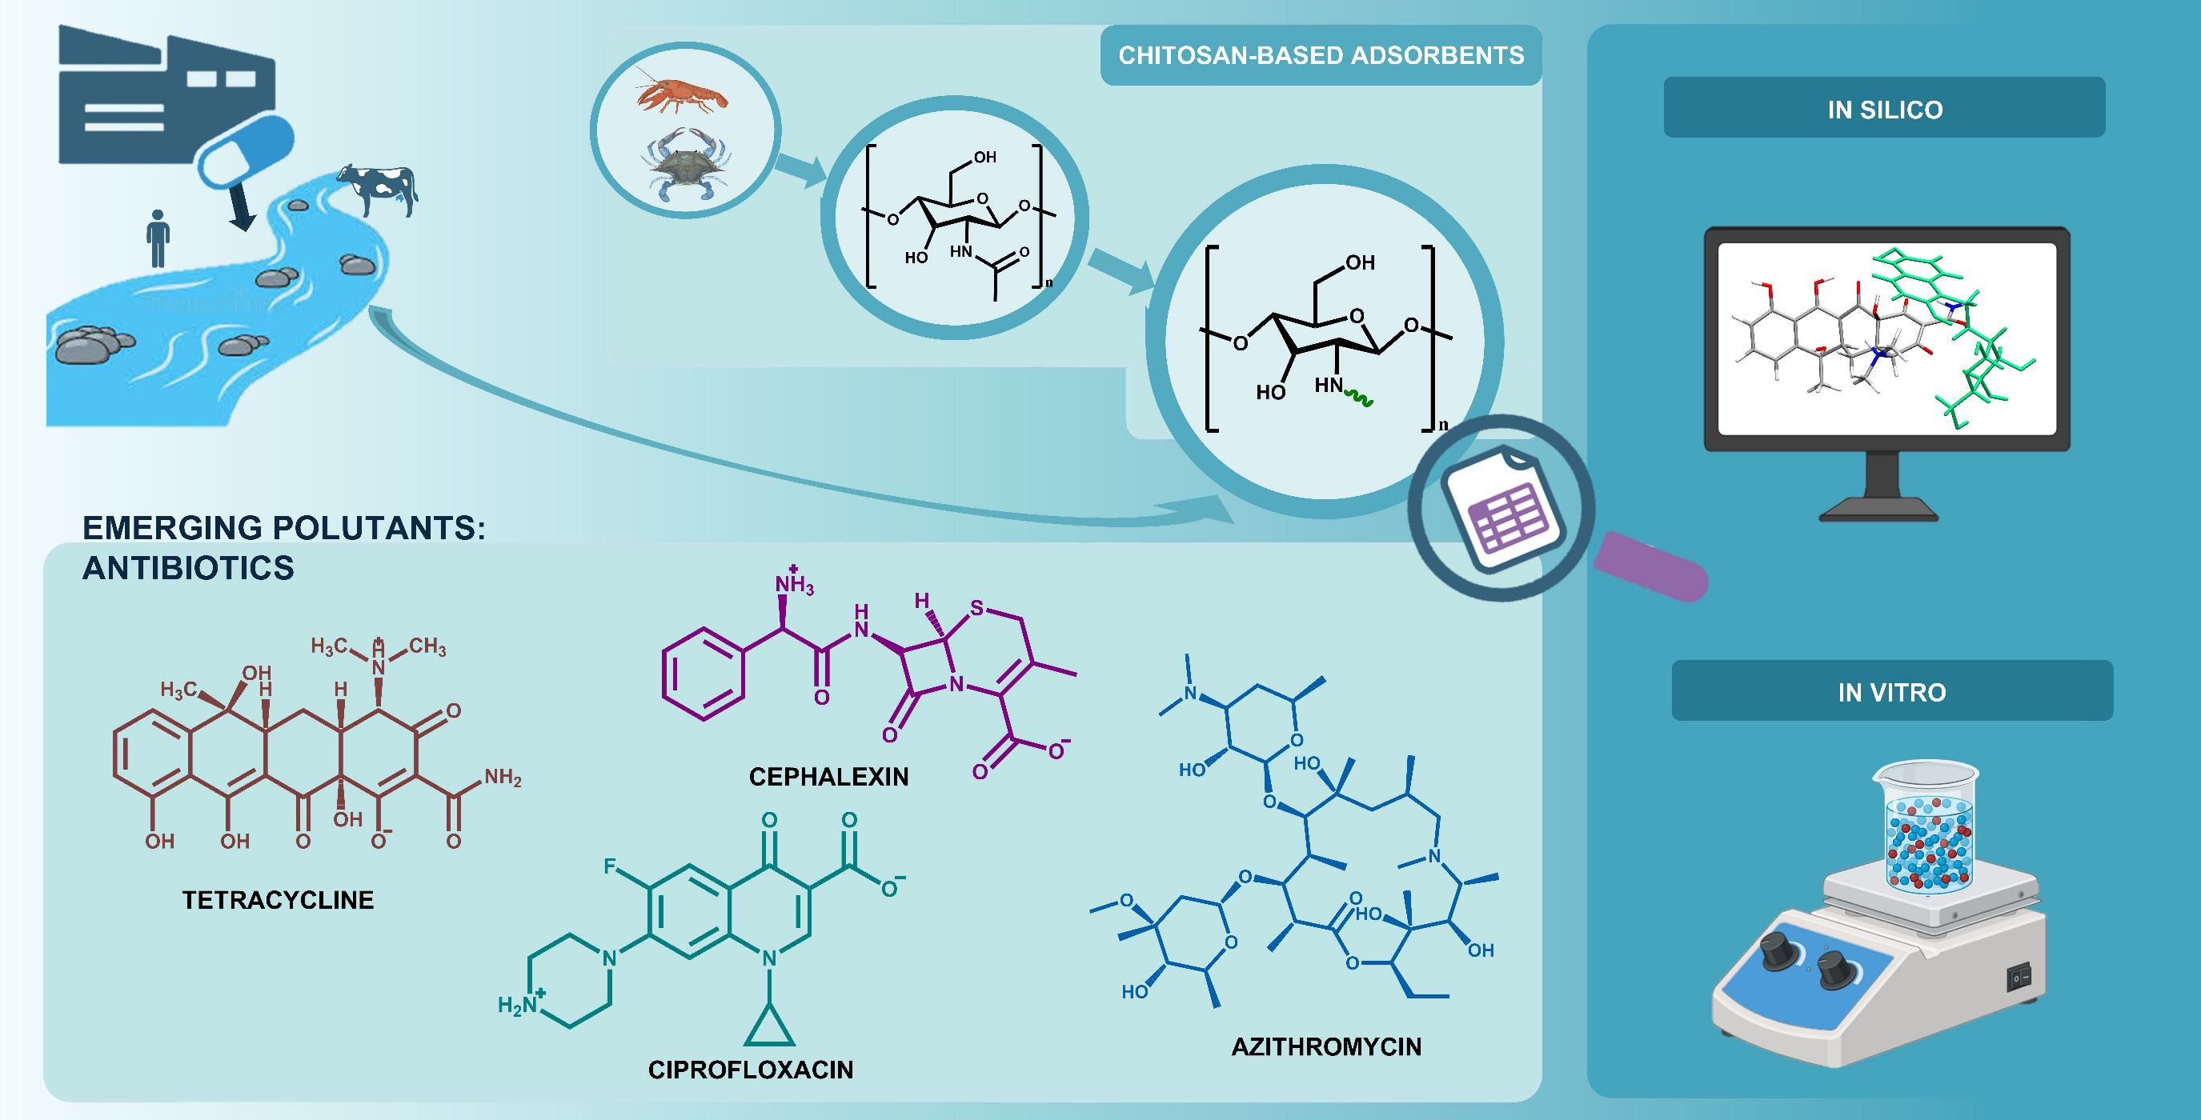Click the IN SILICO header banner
[1884, 109]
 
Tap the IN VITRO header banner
[1892, 691]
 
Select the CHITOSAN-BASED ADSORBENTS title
[1321, 55]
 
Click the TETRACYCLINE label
[278, 899]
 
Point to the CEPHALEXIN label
[828, 777]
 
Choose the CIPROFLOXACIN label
[750, 1070]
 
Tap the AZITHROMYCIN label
[1326, 1046]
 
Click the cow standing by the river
[377, 188]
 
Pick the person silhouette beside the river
[157, 238]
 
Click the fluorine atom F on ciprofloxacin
[610, 867]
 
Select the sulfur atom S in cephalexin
[976, 609]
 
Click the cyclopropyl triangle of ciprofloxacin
[769, 1030]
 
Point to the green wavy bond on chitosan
[1359, 396]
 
